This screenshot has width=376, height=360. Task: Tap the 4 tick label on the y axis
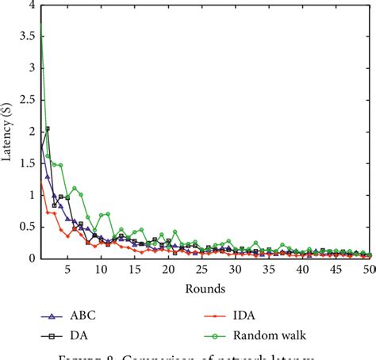click(31, 5)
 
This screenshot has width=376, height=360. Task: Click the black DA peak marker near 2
click(48, 128)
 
